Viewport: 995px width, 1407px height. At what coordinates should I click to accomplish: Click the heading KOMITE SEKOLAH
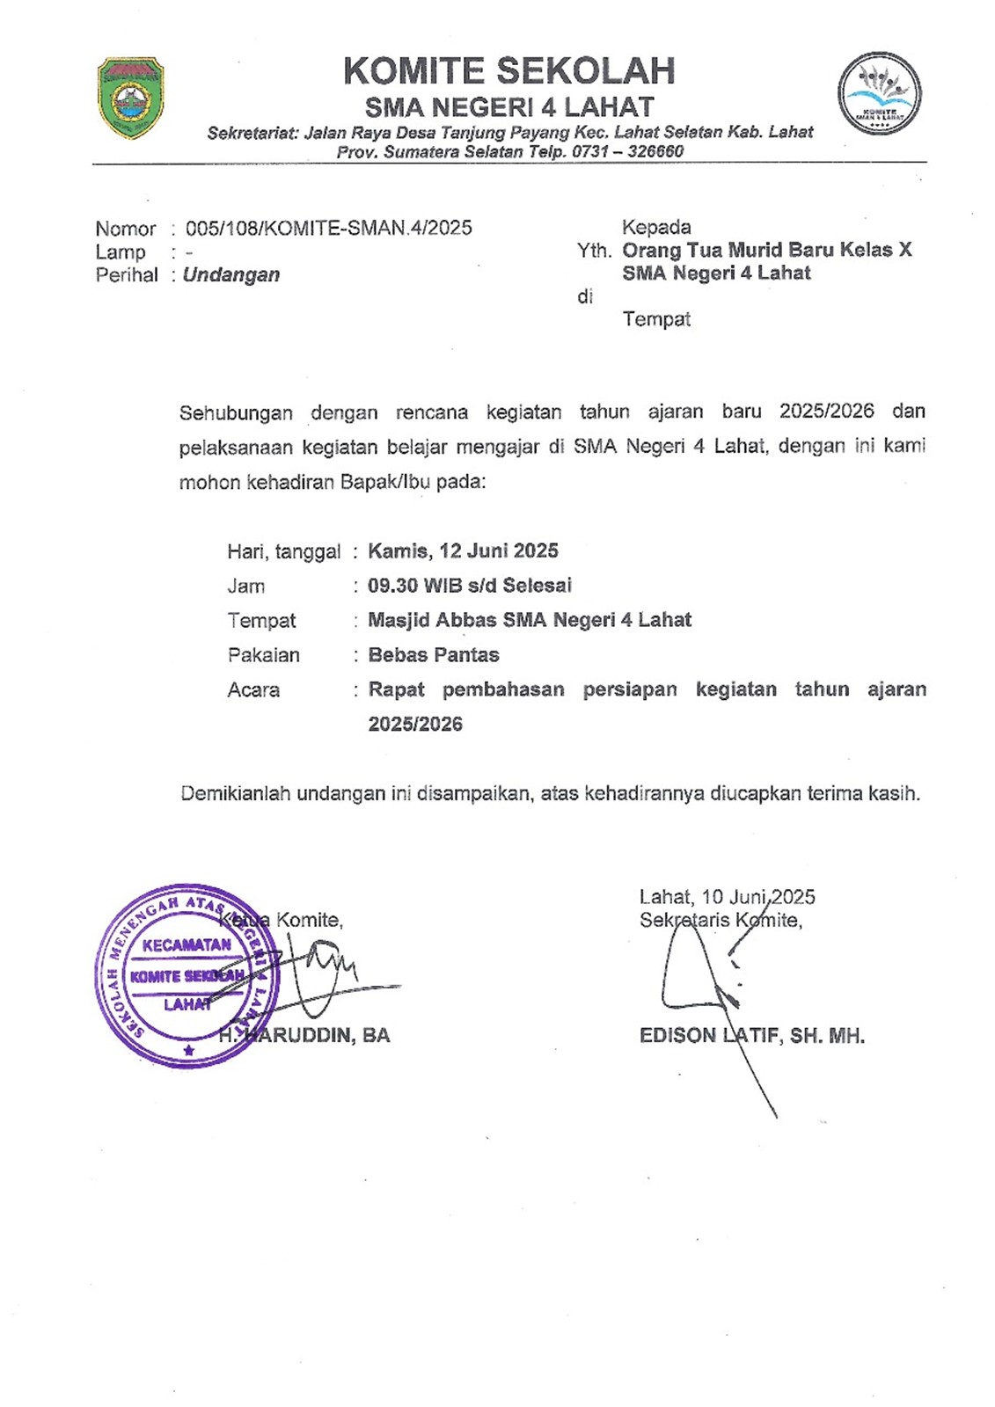tap(508, 71)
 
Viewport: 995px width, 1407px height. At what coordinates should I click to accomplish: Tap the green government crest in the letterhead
tap(130, 98)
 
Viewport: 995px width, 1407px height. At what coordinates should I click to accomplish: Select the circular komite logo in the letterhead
tap(879, 92)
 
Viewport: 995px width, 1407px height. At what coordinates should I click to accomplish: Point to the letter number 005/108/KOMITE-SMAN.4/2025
tap(328, 228)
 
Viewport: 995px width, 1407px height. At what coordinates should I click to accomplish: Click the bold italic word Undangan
tap(231, 274)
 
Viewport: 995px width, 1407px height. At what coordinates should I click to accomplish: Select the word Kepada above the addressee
tap(656, 227)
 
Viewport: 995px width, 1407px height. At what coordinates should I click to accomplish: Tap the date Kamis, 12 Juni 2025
tap(463, 550)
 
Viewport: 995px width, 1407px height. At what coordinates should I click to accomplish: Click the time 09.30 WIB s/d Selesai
tap(470, 585)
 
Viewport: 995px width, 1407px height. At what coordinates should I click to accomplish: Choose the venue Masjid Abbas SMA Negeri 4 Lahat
tap(530, 620)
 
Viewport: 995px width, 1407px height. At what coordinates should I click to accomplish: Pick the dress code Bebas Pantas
tap(434, 654)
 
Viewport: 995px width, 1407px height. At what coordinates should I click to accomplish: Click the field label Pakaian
tap(263, 655)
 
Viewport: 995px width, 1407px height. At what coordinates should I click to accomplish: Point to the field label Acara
tap(253, 689)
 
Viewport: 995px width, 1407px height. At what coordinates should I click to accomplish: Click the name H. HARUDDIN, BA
tap(304, 1035)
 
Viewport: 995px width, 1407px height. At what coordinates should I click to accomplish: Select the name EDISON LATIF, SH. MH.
tap(752, 1035)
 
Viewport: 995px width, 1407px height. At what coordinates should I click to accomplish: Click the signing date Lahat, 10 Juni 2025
tap(727, 897)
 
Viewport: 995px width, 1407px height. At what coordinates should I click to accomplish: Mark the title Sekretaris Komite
tap(721, 920)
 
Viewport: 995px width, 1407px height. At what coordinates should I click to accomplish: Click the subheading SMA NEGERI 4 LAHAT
tap(509, 107)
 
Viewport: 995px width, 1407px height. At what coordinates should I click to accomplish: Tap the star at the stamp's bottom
tap(188, 1050)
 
